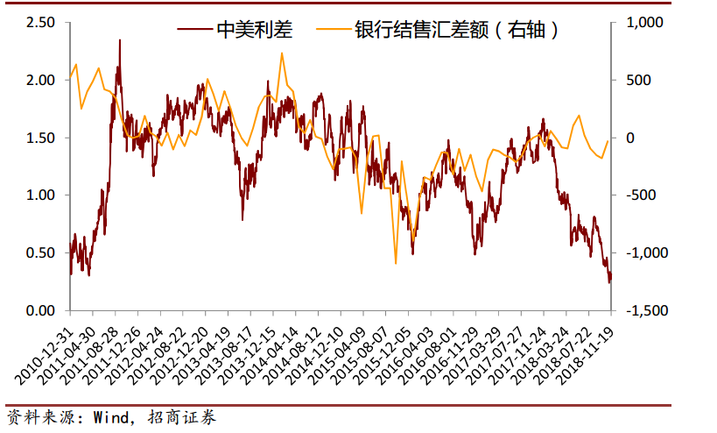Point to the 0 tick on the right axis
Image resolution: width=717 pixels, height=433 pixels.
pos(627,138)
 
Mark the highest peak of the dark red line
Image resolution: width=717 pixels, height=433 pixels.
pos(119,39)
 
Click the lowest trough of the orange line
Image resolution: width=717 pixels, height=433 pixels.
pos(396,263)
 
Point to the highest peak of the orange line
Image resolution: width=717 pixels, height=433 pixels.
pos(282,53)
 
